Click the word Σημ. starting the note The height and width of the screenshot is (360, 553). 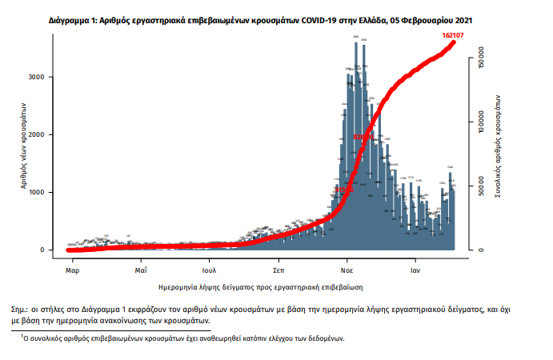tap(20, 306)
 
